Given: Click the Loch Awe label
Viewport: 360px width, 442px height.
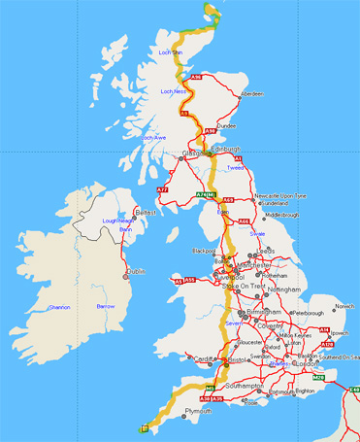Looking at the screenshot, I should coord(153,137).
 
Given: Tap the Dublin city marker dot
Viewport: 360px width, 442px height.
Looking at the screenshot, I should coord(126,277).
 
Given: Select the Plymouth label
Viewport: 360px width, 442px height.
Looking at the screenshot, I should coord(198,411).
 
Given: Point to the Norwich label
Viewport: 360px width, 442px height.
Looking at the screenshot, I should coord(344,306).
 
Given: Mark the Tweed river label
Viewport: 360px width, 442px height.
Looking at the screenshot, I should coord(236,167).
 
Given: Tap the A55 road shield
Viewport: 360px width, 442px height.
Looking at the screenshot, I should coord(179,281).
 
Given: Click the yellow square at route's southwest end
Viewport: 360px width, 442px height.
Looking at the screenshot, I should coord(145,426).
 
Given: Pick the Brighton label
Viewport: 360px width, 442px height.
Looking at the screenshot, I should coord(306,391).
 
